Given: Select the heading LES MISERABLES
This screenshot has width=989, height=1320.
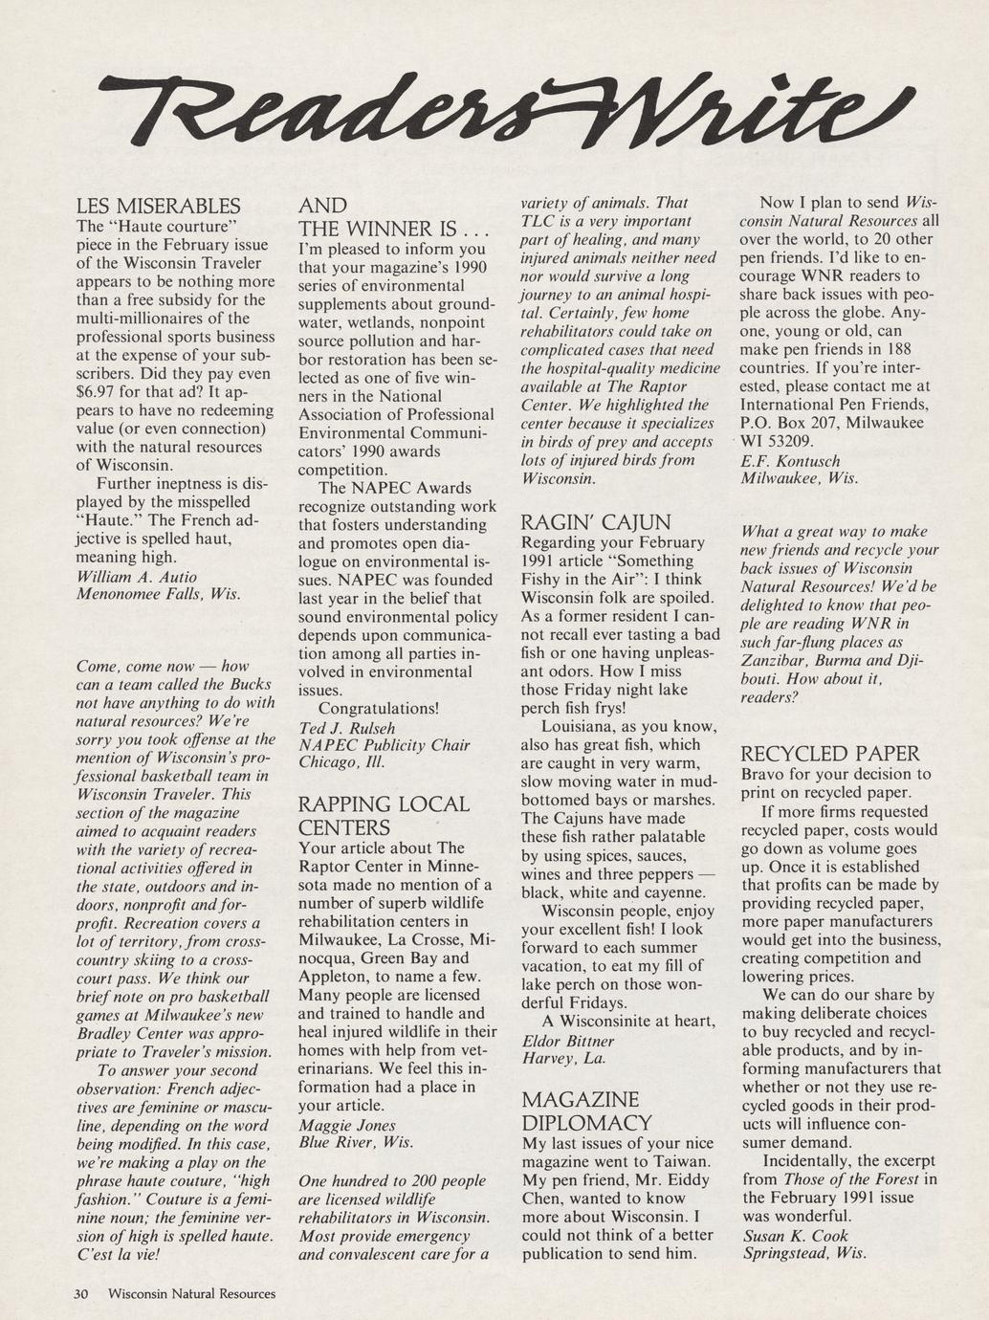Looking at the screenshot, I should pyautogui.click(x=158, y=206).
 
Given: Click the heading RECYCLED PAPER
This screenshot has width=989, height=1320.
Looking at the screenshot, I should pyautogui.click(x=830, y=754).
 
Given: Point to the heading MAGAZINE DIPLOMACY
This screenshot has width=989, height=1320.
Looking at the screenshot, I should pyautogui.click(x=587, y=1111).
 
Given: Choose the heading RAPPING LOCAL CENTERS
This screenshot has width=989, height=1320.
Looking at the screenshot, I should pyautogui.click(x=384, y=816).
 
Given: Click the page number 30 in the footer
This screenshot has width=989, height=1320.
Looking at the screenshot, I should pyautogui.click(x=81, y=1294).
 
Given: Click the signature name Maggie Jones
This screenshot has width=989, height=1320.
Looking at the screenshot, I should pyautogui.click(x=346, y=1125).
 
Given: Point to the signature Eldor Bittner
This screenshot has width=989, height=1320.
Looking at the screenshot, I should pyautogui.click(x=568, y=1041).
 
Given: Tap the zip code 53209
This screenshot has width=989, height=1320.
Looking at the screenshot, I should pyautogui.click(x=791, y=441).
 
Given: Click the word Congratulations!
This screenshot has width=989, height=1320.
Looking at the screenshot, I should pyautogui.click(x=378, y=709).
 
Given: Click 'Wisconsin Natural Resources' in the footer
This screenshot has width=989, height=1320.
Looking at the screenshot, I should pyautogui.click(x=191, y=1294).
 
